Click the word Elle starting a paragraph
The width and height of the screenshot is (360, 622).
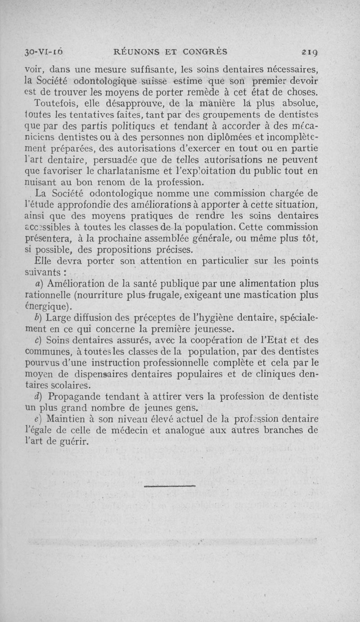pos(43,261)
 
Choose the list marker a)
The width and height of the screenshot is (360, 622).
pos(39,284)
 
